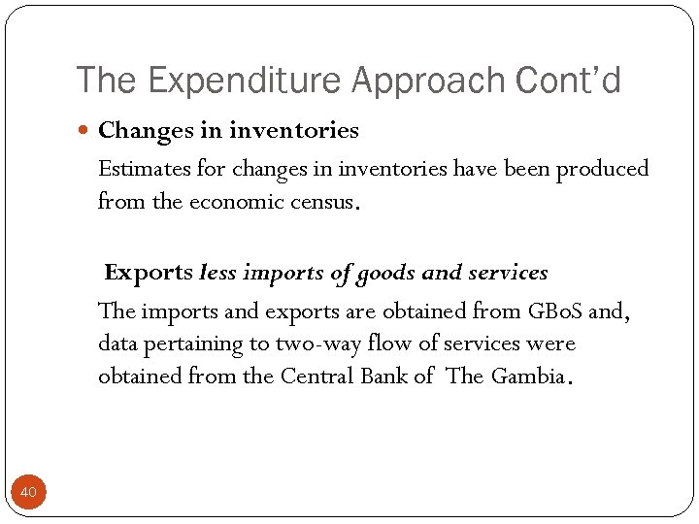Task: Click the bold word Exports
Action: pyautogui.click(x=149, y=273)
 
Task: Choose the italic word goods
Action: pyautogui.click(x=385, y=274)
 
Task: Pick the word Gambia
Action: pyautogui.click(x=526, y=377)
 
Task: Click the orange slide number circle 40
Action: pyautogui.click(x=28, y=493)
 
